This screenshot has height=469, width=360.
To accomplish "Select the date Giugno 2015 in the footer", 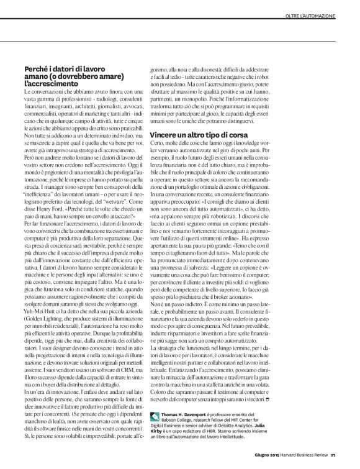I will click(267, 460).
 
